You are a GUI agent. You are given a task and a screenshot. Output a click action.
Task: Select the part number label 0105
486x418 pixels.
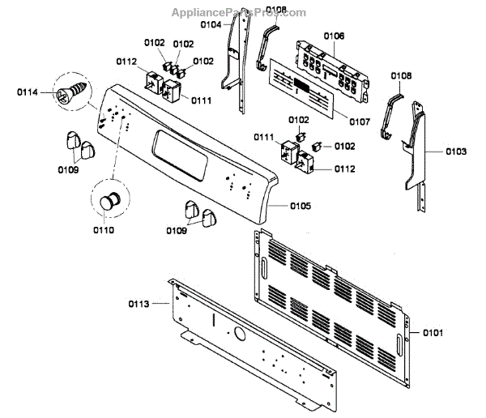tap(300, 207)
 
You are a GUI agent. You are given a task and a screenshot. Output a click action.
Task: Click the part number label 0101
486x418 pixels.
tap(432, 332)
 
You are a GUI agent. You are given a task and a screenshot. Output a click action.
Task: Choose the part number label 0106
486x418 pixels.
tap(334, 36)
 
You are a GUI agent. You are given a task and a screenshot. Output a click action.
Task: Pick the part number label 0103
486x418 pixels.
tap(456, 151)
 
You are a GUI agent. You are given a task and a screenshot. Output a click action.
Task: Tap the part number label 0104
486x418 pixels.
tap(211, 25)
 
